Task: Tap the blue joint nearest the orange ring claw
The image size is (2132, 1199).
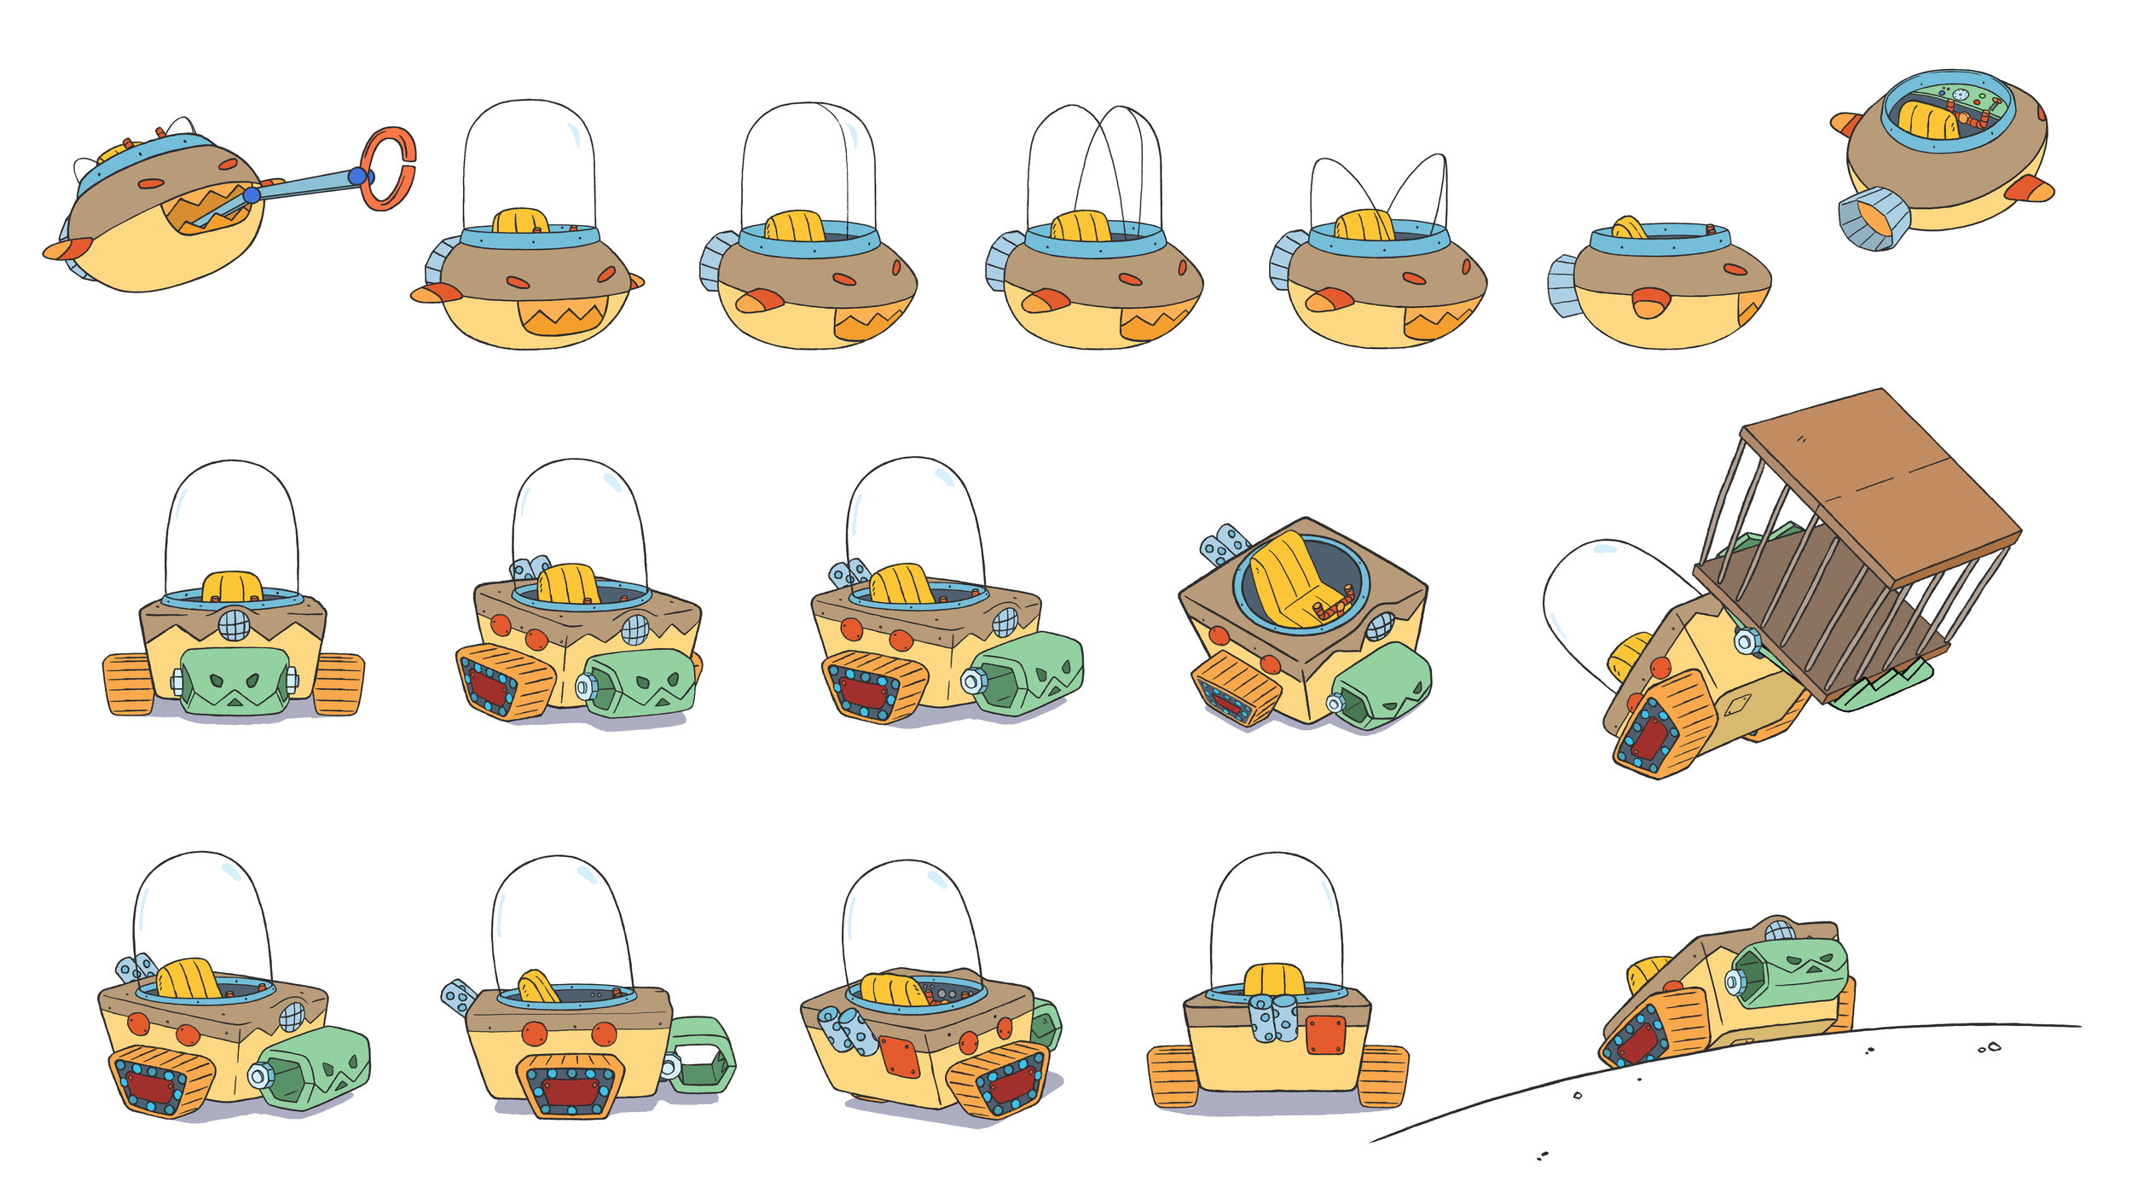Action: click(x=357, y=177)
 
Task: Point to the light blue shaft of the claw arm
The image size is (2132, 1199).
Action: click(x=307, y=185)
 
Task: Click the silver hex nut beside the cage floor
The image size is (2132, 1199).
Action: click(x=1746, y=640)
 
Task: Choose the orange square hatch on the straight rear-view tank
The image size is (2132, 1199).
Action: click(x=1325, y=1034)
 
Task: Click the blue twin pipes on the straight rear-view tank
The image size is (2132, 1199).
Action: click(x=1272, y=1020)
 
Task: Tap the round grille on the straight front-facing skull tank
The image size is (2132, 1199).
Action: click(x=234, y=625)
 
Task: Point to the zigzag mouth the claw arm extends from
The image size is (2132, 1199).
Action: click(x=209, y=207)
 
